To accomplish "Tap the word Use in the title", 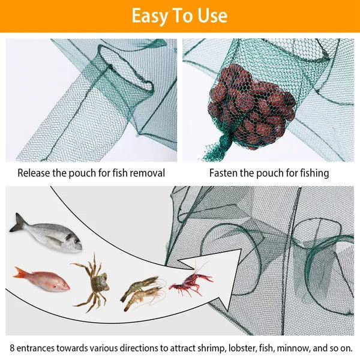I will [211, 16].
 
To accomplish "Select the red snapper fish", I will [42, 279].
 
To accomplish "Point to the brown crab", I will [93, 281].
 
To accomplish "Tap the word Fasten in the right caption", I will [225, 173].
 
